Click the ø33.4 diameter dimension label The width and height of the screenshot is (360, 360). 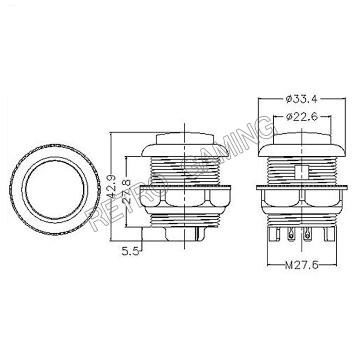click(301, 99)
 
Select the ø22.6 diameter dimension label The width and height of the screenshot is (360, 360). click(301, 117)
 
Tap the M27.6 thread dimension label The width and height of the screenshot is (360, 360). click(301, 265)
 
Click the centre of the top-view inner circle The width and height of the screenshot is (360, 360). click(55, 190)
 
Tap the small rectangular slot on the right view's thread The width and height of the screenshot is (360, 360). click(301, 172)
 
